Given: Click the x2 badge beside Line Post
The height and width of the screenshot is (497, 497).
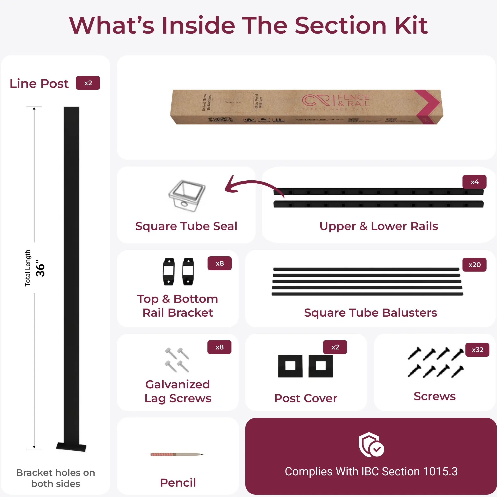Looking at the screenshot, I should (88, 83).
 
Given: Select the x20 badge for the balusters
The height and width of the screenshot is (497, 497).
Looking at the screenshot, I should (474, 265).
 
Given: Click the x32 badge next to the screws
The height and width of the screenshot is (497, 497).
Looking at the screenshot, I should (477, 350).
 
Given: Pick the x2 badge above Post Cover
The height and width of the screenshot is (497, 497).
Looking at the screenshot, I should (335, 347).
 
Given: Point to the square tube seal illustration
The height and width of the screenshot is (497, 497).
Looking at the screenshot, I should (187, 196).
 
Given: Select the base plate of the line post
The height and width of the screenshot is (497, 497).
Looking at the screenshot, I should (71, 447).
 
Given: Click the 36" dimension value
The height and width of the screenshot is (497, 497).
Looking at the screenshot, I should (40, 268).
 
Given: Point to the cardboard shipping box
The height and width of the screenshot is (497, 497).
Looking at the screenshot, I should (306, 107).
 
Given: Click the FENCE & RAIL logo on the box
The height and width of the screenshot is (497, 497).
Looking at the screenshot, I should (336, 101).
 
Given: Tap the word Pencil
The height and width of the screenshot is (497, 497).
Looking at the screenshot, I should (178, 483).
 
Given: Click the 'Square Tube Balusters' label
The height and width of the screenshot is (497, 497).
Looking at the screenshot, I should (370, 312).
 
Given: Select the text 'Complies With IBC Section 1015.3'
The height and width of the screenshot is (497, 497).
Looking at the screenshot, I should (371, 471).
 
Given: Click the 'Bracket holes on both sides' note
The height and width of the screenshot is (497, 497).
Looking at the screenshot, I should (55, 478).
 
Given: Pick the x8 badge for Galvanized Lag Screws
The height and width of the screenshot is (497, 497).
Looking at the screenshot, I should (219, 347).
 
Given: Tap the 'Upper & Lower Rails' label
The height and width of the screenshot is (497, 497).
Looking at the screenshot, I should (379, 226).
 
